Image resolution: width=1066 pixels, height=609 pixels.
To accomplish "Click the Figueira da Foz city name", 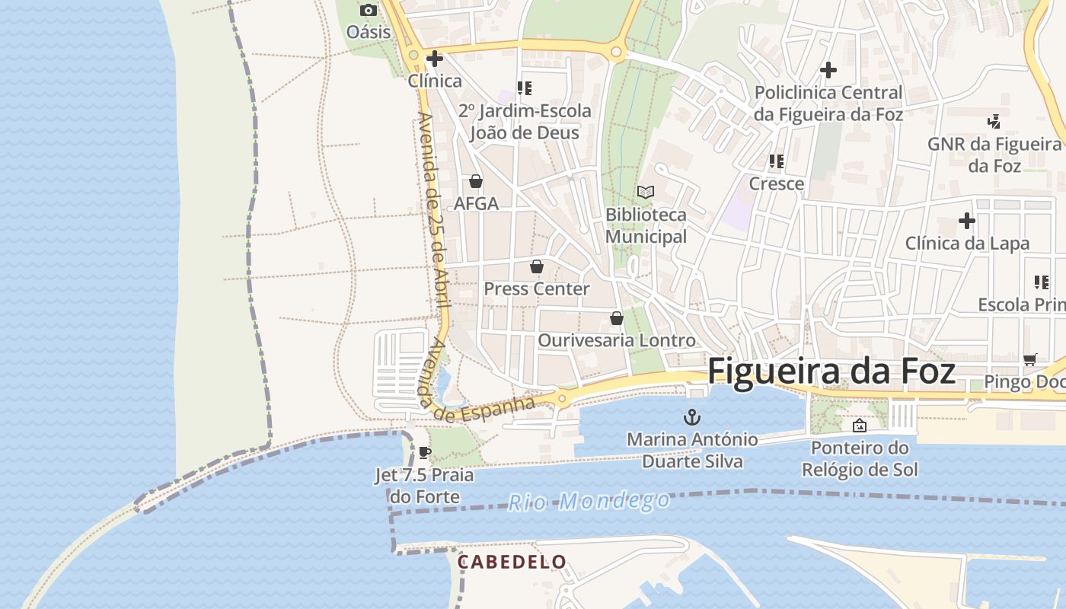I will [831, 371].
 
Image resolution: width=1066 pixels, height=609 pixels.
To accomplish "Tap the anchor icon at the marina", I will [691, 416].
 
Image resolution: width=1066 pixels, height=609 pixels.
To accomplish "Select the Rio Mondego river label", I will [589, 501].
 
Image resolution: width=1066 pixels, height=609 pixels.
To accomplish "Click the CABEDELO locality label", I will [512, 563].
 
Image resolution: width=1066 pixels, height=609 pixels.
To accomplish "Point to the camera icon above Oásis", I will [369, 10].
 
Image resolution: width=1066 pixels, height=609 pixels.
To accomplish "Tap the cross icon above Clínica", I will [435, 58].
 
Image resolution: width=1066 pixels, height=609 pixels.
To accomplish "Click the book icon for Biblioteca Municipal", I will [646, 192].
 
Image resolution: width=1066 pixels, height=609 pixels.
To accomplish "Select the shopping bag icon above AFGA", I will [476, 181].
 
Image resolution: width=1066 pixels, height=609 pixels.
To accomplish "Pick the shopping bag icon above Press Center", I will [537, 266].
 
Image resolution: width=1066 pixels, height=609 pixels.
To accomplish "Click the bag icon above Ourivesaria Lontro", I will [617, 318].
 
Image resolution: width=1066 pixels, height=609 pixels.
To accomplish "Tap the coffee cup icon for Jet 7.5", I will [425, 453].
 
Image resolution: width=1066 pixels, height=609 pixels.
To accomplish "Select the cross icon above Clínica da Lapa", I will [967, 221].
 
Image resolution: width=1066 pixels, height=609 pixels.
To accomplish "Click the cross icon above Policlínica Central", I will [828, 70].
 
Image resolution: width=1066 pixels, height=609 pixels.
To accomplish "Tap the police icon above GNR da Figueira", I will [994, 121].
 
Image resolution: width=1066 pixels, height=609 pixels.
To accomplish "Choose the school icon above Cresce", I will [777, 161].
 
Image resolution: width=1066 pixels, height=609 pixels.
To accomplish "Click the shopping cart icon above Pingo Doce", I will [1030, 359].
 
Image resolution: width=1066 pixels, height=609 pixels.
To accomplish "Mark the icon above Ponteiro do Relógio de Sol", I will [860, 426].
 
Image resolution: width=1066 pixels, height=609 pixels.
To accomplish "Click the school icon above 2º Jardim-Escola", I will [524, 88].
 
